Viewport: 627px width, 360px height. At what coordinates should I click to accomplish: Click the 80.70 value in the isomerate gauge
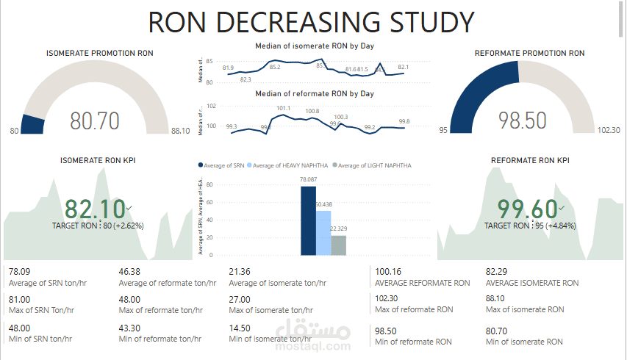(x=94, y=120)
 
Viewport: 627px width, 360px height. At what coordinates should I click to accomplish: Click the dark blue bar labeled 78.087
(x=308, y=220)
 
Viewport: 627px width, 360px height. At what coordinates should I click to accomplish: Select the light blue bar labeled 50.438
(x=323, y=233)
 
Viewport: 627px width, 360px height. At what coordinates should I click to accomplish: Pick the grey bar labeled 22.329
(x=338, y=245)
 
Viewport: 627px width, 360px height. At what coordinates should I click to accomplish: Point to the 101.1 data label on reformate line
(x=283, y=109)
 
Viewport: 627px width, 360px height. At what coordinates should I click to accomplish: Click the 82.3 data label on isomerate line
(x=246, y=79)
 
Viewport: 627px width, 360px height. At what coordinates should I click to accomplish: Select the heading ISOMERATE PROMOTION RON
(x=99, y=54)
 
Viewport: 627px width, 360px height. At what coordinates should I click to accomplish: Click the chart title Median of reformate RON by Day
(x=314, y=94)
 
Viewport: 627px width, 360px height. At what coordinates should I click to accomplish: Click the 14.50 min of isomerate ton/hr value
(x=239, y=328)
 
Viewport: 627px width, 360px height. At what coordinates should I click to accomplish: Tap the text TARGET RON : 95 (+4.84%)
(x=529, y=226)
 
